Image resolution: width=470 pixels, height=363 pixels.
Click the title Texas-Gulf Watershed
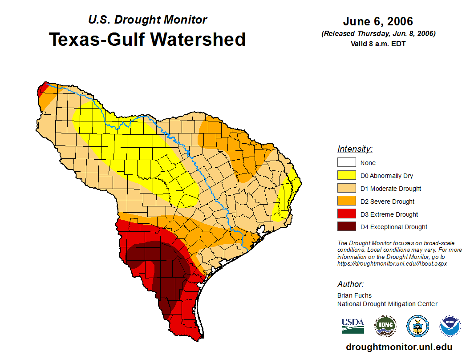pos(147,39)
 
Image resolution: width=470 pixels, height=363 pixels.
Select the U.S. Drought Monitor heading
pos(147,20)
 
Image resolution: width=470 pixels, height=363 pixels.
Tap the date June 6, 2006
pos(378,21)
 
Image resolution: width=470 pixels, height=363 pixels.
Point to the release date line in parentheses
pos(378,34)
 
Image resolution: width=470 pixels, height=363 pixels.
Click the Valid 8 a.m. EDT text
pos(378,44)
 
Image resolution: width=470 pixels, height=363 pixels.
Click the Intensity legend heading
pos(355,149)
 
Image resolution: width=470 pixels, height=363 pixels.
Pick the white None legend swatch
pos(346,163)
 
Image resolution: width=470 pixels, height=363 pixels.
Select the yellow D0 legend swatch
pos(346,176)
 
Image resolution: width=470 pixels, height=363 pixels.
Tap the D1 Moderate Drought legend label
pos(391,189)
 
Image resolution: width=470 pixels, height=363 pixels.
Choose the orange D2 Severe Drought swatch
pos(346,202)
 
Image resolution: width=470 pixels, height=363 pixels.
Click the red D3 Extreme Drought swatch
pos(346,214)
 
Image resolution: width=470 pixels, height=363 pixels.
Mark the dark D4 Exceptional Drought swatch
pos(346,227)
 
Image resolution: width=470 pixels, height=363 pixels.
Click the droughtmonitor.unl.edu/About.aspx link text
pos(392,263)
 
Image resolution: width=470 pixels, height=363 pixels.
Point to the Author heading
pos(350,284)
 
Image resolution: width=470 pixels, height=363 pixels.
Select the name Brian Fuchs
pos(354,295)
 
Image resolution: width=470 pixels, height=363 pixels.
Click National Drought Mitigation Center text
pos(387,304)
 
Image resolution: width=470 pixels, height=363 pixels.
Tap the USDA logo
pos(353,326)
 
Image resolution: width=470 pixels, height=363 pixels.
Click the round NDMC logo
pos(385,327)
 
